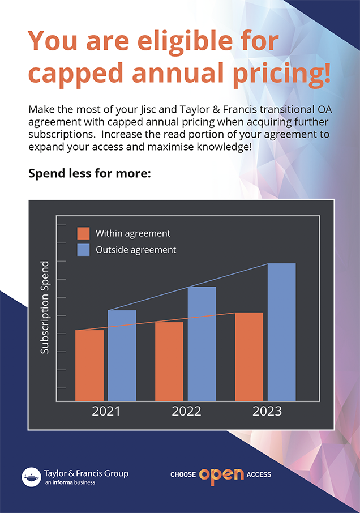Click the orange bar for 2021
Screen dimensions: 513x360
tap(89, 365)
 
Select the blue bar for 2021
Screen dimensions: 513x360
tap(122, 356)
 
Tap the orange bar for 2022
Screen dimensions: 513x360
tap(169, 361)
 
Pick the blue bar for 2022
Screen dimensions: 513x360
tap(202, 344)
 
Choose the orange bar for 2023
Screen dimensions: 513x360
tap(249, 357)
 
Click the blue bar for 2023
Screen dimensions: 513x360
tap(281, 332)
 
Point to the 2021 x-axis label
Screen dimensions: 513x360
tap(106, 411)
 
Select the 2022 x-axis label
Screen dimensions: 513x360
tap(186, 411)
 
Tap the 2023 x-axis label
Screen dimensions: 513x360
tap(267, 411)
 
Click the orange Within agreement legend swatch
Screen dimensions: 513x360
tap(83, 233)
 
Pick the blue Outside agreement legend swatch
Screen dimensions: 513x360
tap(83, 250)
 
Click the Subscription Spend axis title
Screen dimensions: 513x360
tap(45, 307)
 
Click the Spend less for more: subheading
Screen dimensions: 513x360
tap(89, 173)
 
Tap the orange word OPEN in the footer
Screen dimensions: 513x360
tap(221, 474)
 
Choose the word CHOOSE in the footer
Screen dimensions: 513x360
tap(183, 475)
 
